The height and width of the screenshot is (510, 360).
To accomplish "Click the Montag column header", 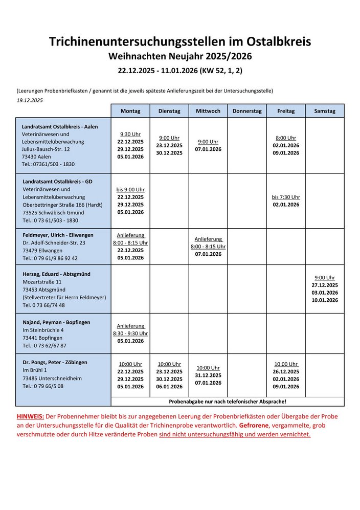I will pos(130,111).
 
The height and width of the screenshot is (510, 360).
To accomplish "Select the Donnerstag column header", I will pos(247,111).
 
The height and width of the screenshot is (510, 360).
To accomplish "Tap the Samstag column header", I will pos(325,111).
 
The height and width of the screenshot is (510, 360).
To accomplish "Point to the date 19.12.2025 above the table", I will pos(30,100).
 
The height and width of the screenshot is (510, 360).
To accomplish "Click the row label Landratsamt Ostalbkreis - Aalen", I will pos(60,126).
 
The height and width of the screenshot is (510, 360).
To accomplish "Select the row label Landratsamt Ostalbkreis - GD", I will pos(58,182).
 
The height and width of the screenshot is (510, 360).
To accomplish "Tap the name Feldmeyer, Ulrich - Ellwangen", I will pos(58,235).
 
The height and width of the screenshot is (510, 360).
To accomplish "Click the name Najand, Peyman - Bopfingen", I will pos(57,322).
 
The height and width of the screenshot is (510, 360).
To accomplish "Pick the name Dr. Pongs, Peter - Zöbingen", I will pos(55,362).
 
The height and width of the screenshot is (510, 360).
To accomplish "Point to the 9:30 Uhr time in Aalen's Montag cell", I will pos(130,134).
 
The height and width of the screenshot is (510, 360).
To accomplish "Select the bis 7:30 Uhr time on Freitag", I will pos(286,197).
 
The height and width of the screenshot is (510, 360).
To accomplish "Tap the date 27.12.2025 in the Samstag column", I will pos(325,285).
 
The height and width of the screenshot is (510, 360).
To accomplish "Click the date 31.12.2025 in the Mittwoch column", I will pos(208,375).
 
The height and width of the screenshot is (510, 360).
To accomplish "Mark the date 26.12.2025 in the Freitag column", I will pos(286,371).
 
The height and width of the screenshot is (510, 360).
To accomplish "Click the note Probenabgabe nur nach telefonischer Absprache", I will pos(228,402).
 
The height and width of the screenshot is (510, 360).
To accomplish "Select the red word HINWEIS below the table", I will pos(31,416).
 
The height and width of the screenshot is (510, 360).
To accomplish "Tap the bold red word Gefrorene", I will pos(254,426).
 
